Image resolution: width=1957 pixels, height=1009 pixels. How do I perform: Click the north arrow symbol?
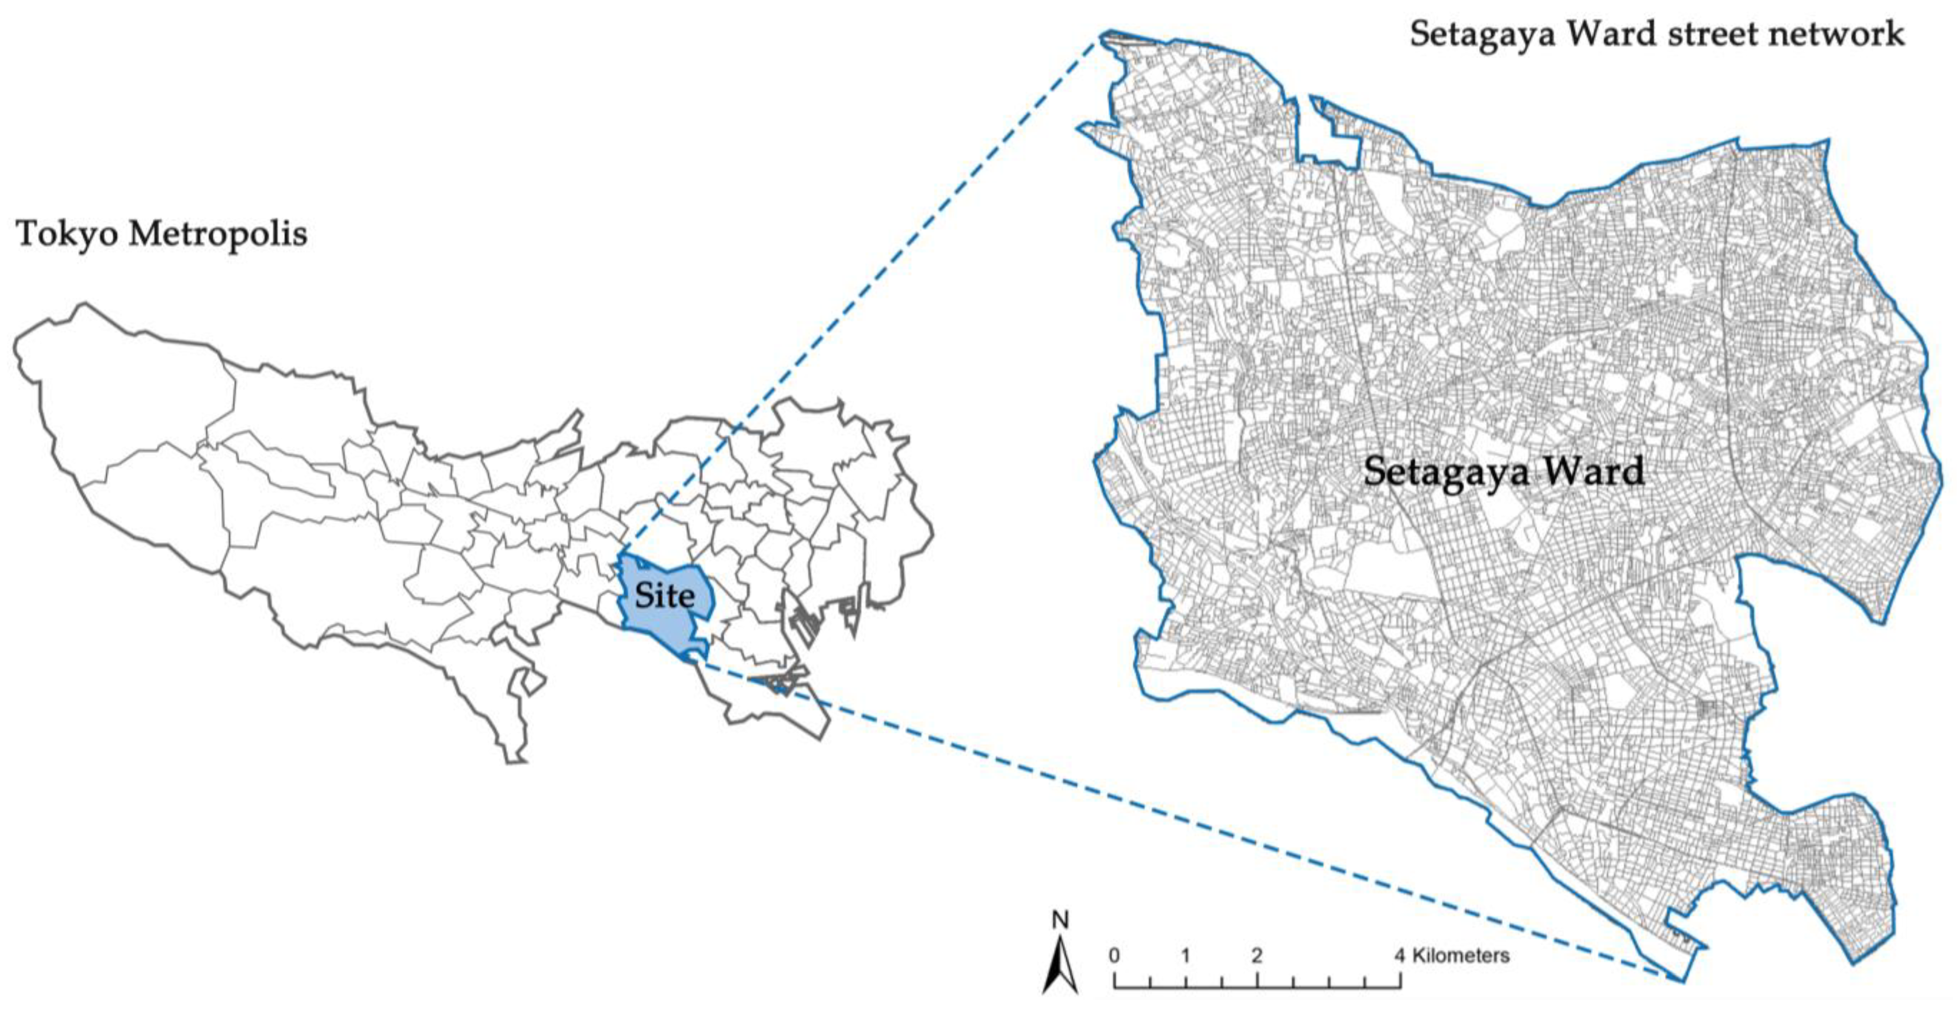coord(1060,965)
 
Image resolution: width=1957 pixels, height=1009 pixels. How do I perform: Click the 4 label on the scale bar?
coord(1399,955)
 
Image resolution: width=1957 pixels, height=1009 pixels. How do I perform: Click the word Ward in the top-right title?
coord(1626,34)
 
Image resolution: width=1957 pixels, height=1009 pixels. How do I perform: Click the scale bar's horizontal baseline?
coord(1257,987)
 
